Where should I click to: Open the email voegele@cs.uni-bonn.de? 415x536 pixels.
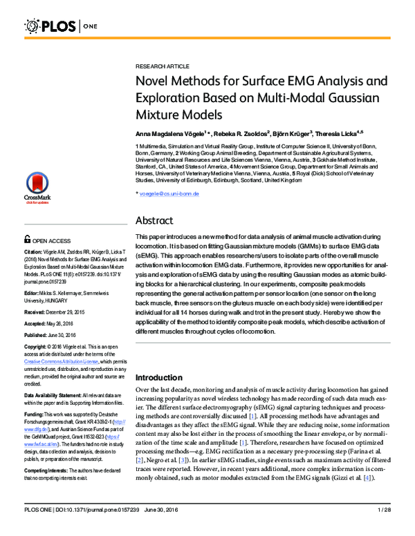[169, 194]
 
